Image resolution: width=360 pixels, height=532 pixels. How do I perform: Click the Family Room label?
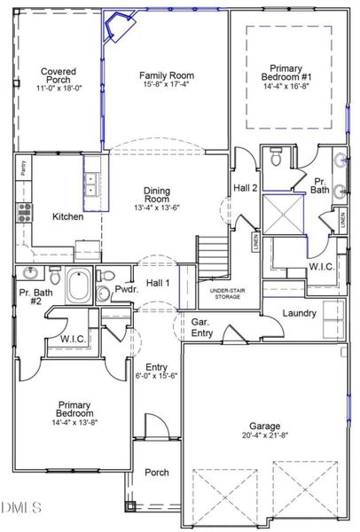click(167, 76)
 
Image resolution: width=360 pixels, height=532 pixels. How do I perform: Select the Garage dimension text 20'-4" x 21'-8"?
click(263, 435)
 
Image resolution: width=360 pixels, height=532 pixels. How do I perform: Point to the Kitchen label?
click(68, 216)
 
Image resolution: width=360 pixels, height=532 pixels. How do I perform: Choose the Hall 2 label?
click(245, 188)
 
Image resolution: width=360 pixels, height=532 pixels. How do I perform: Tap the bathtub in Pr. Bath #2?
click(81, 286)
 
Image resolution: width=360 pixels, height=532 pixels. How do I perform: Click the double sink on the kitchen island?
click(92, 184)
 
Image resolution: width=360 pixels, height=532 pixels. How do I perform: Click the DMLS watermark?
click(21, 507)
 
